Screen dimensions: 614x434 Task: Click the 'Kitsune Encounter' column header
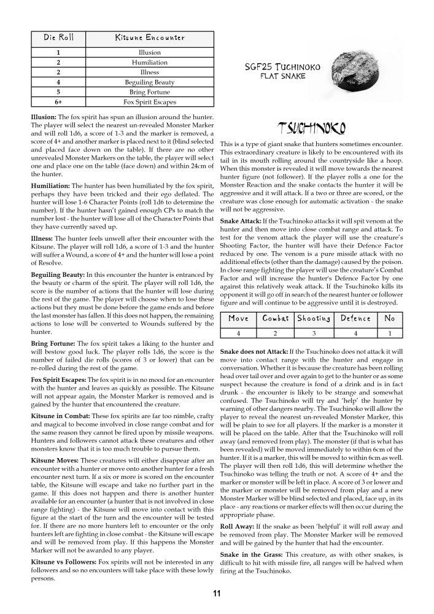[x=149, y=37]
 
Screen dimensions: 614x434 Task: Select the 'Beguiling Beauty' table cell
[x=150, y=82]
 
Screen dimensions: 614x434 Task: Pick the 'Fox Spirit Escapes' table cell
[x=150, y=101]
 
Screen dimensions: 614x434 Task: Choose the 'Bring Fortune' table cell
[x=150, y=91]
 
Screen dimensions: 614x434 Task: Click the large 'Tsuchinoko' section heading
[x=311, y=128]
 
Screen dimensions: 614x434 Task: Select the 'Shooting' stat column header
[x=314, y=318]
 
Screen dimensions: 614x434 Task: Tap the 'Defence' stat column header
[x=355, y=318]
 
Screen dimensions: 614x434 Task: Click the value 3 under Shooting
[x=314, y=333]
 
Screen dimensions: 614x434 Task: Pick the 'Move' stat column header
[x=238, y=318]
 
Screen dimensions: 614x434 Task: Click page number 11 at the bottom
[x=217, y=594]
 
